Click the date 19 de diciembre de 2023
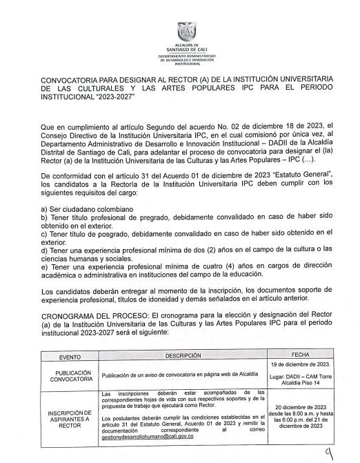301,364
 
